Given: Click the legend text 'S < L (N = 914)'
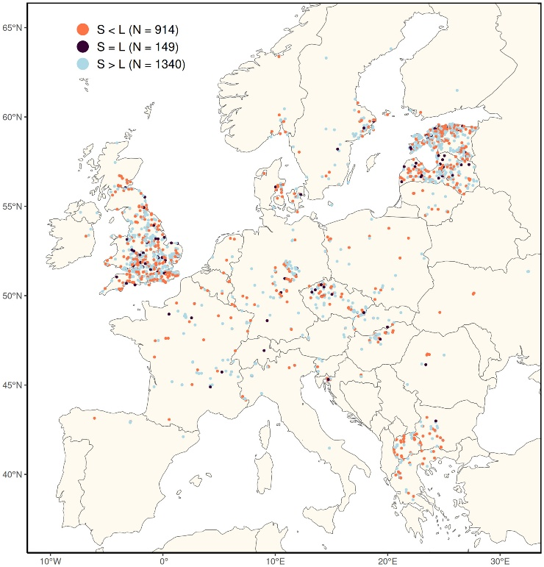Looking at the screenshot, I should pyautogui.click(x=138, y=29).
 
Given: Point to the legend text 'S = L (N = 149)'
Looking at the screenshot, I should pyautogui.click(x=138, y=47).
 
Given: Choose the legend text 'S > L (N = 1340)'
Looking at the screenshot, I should pyautogui.click(x=141, y=65).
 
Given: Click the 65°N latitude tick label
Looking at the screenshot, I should pyautogui.click(x=12, y=28).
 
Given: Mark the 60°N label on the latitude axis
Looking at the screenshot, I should pyautogui.click(x=12, y=117).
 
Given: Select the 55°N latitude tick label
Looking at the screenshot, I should pyautogui.click(x=12, y=207).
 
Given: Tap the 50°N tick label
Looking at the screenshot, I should pyautogui.click(x=12, y=296).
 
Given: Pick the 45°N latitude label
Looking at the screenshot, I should pyautogui.click(x=12, y=385).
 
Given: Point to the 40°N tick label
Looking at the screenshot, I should pyautogui.click(x=12, y=474).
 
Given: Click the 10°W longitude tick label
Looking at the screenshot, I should pyautogui.click(x=50, y=560).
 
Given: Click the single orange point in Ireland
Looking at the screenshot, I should pyautogui.click(x=87, y=236).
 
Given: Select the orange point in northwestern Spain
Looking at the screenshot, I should pyautogui.click(x=95, y=418).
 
